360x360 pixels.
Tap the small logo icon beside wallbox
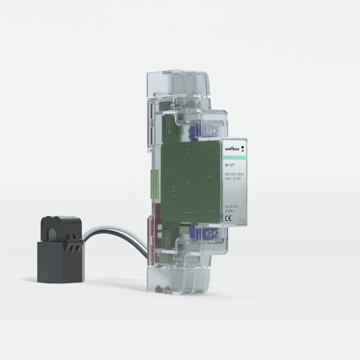242,148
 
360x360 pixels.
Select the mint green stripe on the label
234,158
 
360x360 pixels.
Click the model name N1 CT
229,166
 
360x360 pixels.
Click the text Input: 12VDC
233,179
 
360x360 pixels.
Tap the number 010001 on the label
230,211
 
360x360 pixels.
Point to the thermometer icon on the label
243,219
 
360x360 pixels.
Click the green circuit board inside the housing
187,180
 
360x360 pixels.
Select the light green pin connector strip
154,184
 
